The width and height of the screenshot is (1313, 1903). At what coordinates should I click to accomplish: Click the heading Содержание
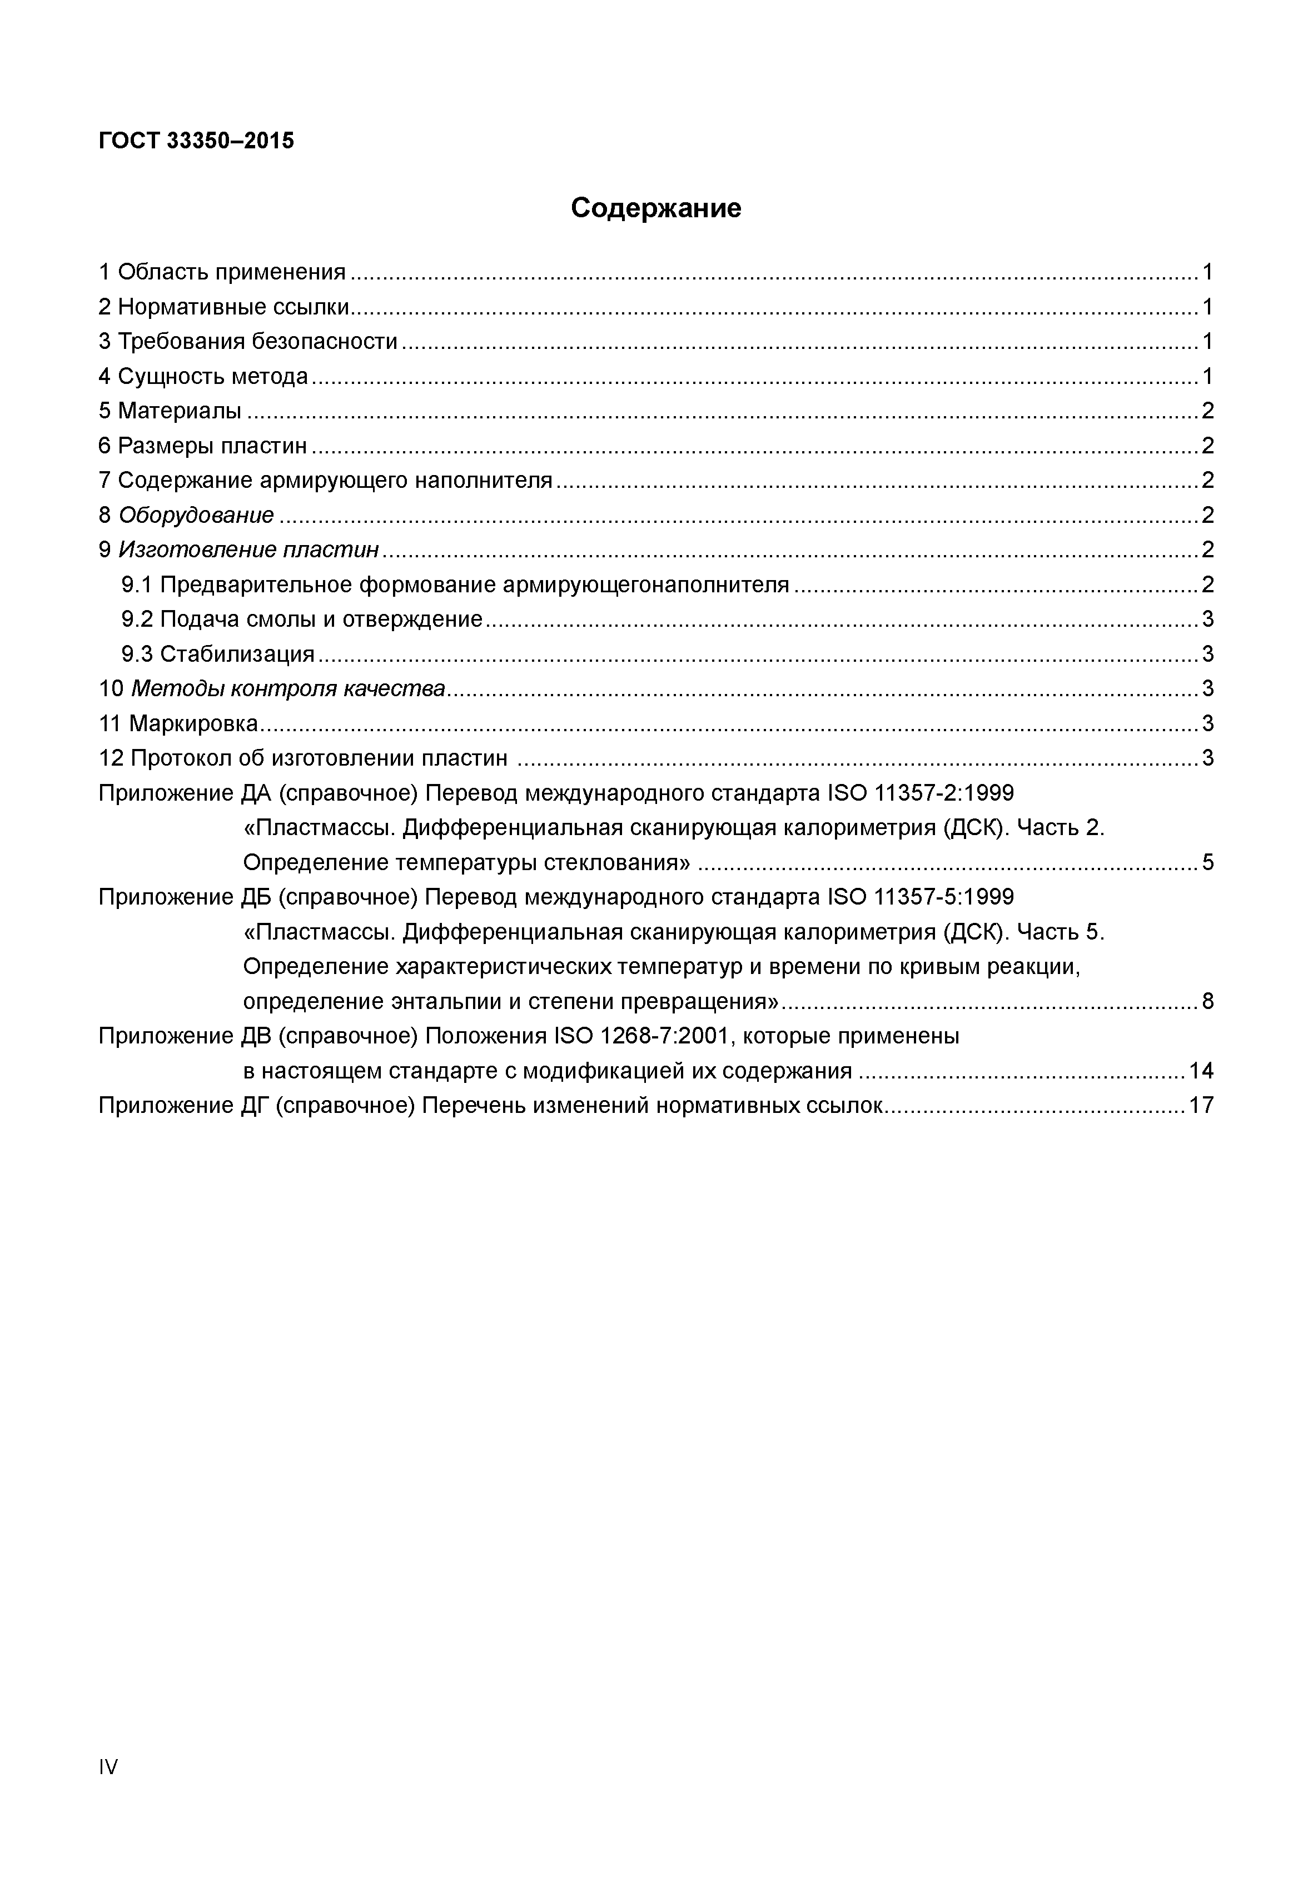click(x=656, y=208)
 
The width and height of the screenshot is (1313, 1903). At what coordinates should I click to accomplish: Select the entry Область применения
click(x=231, y=272)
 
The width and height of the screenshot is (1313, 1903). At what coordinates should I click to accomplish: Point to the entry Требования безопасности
click(x=257, y=342)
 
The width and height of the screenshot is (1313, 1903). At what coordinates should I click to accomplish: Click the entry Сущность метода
click(x=213, y=377)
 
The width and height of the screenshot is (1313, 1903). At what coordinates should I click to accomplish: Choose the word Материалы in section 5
click(x=180, y=411)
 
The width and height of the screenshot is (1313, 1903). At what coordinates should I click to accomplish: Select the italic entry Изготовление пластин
click(x=248, y=550)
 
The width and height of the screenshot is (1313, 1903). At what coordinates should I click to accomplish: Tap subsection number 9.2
click(x=137, y=620)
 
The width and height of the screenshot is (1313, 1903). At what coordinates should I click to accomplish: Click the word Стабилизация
click(x=237, y=655)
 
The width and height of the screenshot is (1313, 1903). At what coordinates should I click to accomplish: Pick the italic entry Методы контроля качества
click(x=288, y=689)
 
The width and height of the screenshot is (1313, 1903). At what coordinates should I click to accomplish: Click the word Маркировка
click(x=193, y=724)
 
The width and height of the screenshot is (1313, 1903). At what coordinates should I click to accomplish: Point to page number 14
click(x=1200, y=1071)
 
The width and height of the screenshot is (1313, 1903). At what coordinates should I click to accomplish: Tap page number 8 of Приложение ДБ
click(x=1207, y=1002)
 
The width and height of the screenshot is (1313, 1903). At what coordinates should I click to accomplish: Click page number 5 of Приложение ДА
click(x=1207, y=863)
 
